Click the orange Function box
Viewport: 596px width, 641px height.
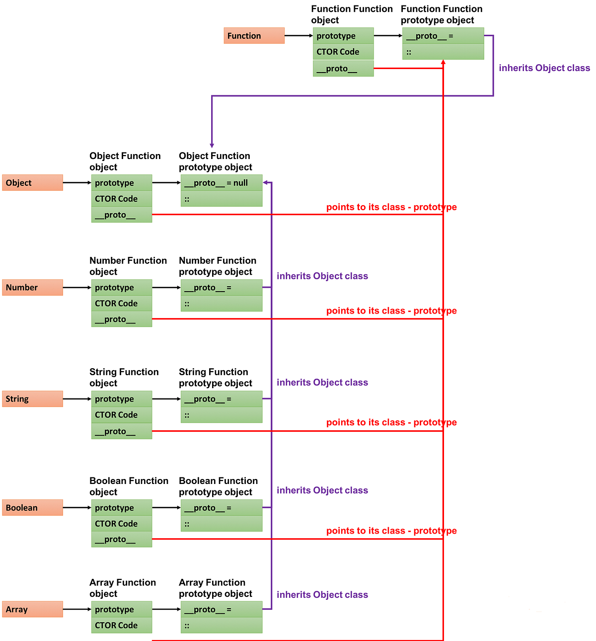point(254,36)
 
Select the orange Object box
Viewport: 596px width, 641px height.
point(32,183)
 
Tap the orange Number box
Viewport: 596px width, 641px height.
point(32,288)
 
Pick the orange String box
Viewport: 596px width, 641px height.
point(32,399)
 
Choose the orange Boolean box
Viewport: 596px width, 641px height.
point(32,508)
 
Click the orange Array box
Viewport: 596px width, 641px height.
point(32,609)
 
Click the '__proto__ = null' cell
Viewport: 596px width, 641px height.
point(222,183)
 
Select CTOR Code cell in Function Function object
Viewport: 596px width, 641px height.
point(343,52)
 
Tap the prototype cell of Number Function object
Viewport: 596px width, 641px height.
point(122,288)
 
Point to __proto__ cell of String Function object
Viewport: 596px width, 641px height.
point(122,431)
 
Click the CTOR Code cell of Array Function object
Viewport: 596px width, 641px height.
point(122,625)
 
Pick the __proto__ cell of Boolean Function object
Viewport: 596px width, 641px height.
point(122,539)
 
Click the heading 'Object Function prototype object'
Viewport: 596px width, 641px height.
point(215,161)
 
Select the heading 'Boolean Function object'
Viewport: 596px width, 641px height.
point(129,486)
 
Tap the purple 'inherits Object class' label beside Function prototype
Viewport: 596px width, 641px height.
point(544,68)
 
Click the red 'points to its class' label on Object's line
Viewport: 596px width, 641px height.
point(391,207)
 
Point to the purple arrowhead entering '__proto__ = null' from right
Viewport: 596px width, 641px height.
point(266,183)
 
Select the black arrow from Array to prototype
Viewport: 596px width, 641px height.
point(77,609)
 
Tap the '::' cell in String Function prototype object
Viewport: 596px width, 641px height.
point(222,415)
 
